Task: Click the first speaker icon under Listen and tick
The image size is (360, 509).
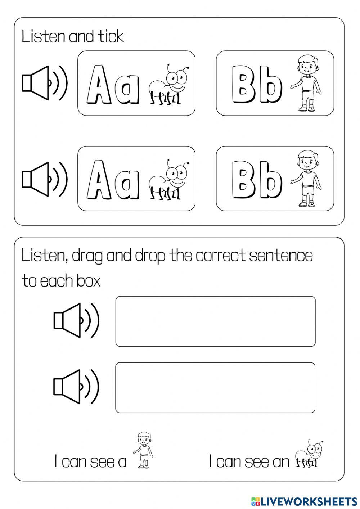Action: point(44,83)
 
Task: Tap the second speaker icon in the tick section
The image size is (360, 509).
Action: point(44,179)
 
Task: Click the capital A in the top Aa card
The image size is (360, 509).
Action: point(99,85)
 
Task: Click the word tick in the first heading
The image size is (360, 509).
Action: point(110,37)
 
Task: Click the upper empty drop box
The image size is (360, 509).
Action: point(215,321)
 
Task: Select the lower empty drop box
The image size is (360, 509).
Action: point(215,387)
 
